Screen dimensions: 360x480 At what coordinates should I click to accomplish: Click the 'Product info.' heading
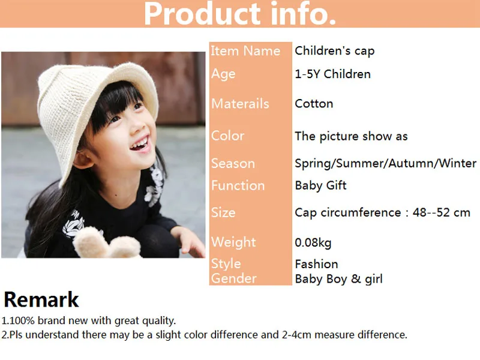tap(239, 14)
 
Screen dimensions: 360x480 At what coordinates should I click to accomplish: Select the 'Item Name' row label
tap(245, 51)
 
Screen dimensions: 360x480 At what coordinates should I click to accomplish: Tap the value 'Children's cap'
tap(334, 51)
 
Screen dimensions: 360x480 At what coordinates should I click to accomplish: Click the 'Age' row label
tap(223, 74)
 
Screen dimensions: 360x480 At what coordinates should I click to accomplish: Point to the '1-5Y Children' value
tap(332, 74)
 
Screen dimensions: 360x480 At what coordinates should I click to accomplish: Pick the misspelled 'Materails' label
tap(240, 104)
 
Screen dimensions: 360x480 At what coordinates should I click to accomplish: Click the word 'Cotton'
tap(314, 104)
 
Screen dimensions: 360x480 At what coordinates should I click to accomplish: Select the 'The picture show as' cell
tap(351, 136)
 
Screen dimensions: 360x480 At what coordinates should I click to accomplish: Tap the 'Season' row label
tap(233, 163)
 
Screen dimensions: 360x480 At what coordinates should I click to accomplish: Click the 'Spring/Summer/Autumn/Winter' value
tap(385, 163)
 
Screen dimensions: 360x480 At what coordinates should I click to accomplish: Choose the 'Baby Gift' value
tap(320, 185)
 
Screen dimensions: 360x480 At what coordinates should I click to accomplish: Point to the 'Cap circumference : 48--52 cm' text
tap(382, 212)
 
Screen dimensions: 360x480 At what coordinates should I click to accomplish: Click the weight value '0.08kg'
tap(313, 243)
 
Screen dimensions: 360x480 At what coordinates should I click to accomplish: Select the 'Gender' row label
tap(233, 278)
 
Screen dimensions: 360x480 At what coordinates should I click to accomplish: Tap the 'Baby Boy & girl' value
tap(338, 279)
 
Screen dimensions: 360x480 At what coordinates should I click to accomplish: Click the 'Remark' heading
tap(41, 299)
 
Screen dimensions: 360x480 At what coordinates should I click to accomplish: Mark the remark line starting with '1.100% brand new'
tap(89, 321)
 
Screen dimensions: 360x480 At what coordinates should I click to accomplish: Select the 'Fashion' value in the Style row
tap(316, 264)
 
